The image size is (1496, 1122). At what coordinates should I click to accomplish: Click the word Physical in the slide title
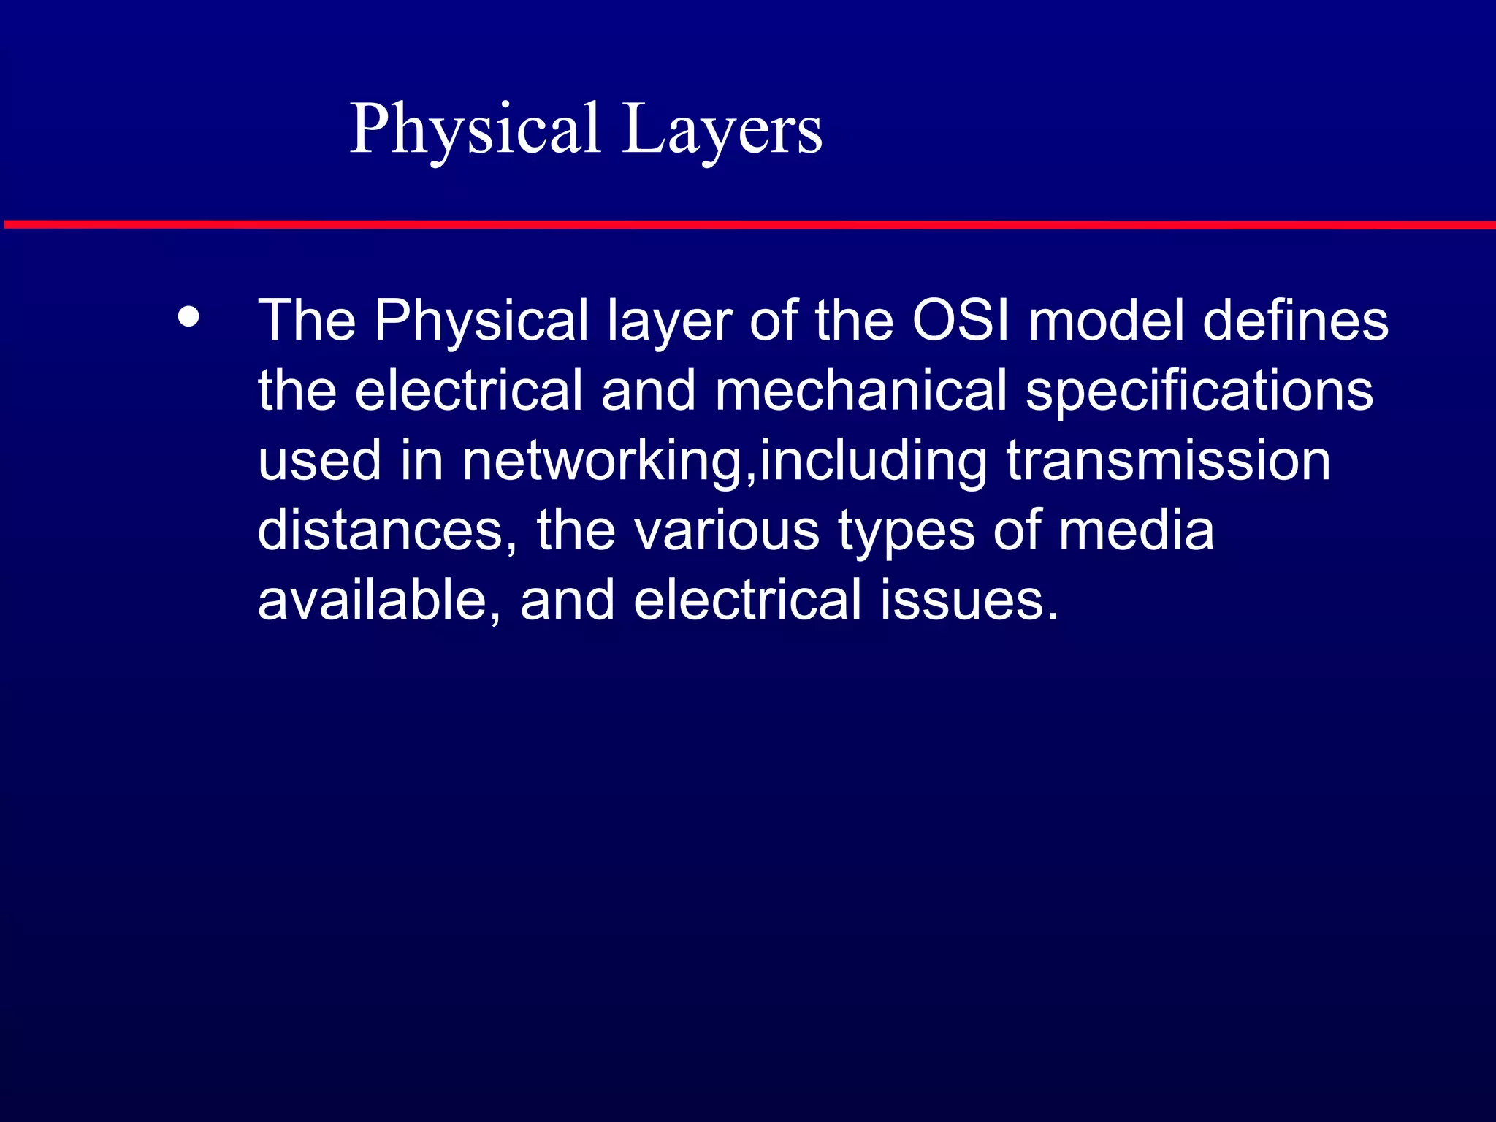475,129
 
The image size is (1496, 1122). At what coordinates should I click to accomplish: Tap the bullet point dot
189,318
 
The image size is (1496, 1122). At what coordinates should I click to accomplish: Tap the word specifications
1199,390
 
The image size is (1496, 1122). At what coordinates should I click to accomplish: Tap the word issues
969,600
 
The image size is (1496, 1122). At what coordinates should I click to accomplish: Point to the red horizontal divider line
748,224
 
